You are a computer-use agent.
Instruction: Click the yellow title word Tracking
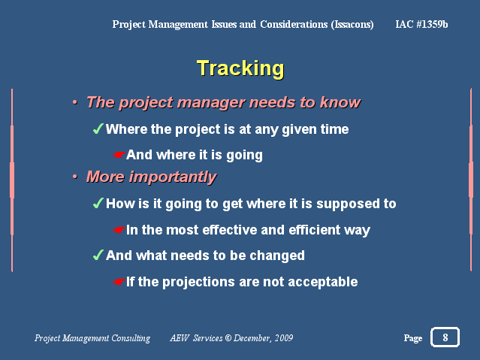click(x=240, y=69)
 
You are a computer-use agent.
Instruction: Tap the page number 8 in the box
click(x=445, y=337)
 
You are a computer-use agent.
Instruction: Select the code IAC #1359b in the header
click(x=421, y=24)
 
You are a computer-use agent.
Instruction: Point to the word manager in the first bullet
click(x=211, y=103)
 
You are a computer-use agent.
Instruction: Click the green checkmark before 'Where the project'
click(x=98, y=129)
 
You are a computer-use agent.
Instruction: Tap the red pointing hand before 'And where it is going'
click(x=119, y=155)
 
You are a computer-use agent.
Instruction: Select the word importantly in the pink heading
click(x=173, y=177)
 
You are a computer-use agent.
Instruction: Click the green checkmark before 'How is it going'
click(x=98, y=203)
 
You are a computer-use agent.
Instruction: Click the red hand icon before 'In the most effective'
click(x=119, y=229)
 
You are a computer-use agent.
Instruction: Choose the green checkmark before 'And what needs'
click(x=98, y=255)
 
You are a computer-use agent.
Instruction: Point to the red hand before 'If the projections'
click(x=119, y=282)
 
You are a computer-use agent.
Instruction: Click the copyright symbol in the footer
click(x=228, y=338)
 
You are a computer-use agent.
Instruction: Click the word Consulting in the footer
click(x=131, y=338)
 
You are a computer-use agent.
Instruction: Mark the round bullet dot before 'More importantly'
click(x=75, y=177)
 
